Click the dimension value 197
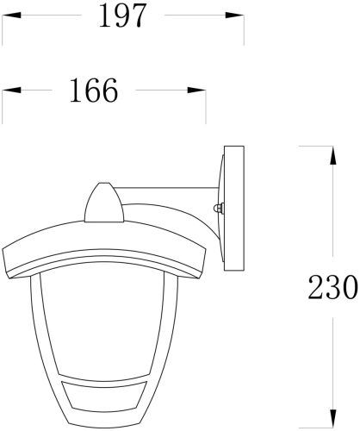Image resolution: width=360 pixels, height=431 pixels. click(122, 16)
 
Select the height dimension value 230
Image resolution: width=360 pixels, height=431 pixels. click(332, 287)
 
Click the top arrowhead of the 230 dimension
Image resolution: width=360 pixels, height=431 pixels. click(332, 153)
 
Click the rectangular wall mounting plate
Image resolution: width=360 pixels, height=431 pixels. click(233, 208)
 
